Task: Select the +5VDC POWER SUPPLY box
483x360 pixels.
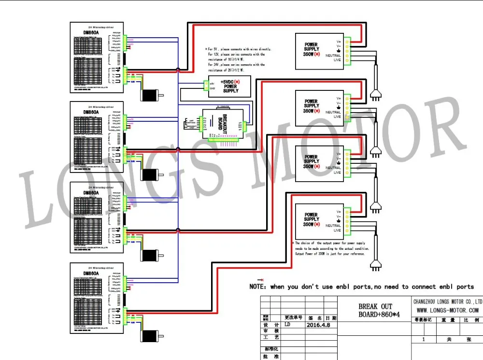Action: pyautogui.click(x=229, y=86)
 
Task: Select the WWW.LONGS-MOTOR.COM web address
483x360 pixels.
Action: pyautogui.click(x=447, y=310)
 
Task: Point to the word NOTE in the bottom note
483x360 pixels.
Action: pyautogui.click(x=258, y=287)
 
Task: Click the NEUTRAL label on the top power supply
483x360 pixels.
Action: pyautogui.click(x=333, y=56)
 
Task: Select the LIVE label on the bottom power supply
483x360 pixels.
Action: pyautogui.click(x=337, y=230)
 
